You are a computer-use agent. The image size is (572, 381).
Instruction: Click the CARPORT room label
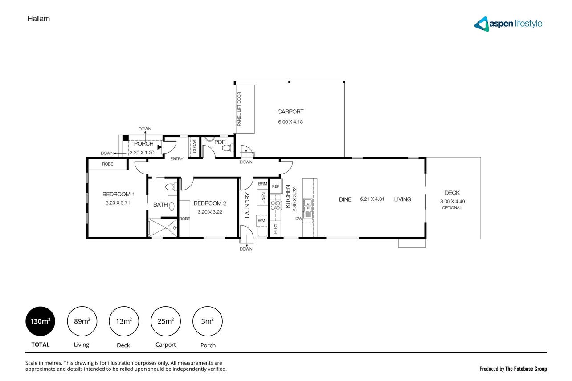point(290,112)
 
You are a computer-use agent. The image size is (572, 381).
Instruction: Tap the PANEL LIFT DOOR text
point(239,109)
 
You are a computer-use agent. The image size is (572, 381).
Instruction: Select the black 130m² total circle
point(41,321)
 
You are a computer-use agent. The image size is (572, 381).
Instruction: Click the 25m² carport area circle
point(166,321)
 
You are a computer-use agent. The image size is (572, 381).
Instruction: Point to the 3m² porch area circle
point(207,321)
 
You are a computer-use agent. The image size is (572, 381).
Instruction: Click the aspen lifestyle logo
point(508,24)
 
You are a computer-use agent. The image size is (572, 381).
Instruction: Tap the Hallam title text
point(39,19)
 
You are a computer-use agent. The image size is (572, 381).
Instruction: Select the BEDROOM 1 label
point(118,194)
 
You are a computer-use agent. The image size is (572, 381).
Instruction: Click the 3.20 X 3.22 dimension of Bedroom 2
point(210,212)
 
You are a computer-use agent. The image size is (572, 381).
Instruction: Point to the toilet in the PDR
point(228,148)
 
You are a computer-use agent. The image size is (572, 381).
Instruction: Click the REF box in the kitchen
point(276,186)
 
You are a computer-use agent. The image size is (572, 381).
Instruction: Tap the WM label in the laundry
point(261,220)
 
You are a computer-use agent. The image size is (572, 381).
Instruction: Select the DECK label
point(452,193)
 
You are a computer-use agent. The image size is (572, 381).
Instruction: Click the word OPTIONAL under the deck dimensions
point(452,208)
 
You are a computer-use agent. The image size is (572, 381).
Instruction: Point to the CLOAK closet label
point(195,146)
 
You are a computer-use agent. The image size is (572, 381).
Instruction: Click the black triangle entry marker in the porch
point(159,147)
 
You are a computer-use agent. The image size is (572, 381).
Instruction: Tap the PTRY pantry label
point(275,228)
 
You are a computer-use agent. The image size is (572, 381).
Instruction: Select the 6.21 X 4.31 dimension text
point(372,199)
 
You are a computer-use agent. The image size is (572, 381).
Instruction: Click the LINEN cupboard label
point(264,198)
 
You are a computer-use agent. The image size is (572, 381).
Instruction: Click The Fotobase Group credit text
point(526,369)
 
